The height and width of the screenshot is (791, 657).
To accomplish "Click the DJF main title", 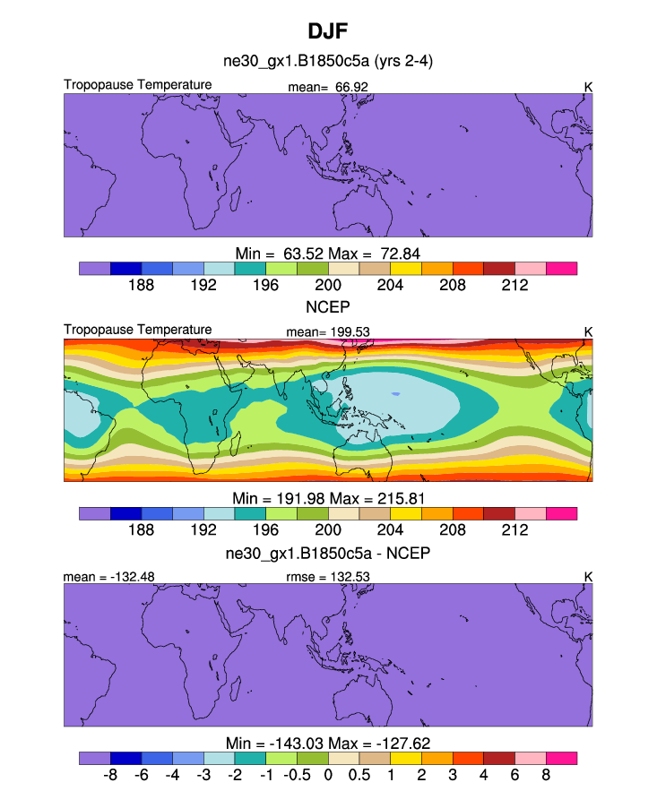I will [328, 31].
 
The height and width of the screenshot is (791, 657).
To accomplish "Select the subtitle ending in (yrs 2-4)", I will [329, 61].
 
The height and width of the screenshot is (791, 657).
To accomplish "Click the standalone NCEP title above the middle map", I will [328, 306].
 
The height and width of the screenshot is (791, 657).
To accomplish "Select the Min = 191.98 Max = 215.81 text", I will [328, 497].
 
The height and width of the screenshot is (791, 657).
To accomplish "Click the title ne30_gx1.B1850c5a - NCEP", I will [328, 553].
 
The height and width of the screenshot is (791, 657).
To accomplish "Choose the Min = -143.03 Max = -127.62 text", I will [328, 742].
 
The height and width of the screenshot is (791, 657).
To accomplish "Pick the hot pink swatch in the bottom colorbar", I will [561, 758].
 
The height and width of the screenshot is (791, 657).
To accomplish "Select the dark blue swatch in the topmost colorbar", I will [125, 268].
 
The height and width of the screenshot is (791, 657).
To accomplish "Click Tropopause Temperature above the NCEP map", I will [138, 330].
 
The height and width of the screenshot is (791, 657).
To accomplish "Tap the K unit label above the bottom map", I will [588, 577].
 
